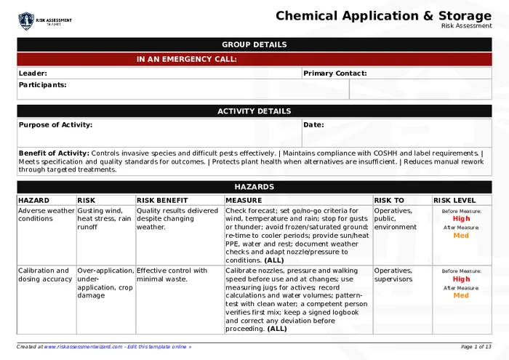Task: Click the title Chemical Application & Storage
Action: coord(383,16)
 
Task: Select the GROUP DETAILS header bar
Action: coord(254,44)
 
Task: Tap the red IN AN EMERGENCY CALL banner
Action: coord(187,60)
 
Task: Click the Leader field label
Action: coord(33,73)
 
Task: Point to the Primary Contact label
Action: coord(334,73)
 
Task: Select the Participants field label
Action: coord(42,85)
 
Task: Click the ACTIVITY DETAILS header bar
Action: coord(254,111)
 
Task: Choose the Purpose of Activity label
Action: coord(55,125)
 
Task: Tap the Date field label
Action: coord(313,125)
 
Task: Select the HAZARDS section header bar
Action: coord(254,187)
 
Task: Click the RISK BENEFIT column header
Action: coord(162,201)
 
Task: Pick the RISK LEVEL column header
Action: coord(454,201)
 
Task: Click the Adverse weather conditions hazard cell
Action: coord(46,215)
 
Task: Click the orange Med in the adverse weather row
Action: coord(461,236)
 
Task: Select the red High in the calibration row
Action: coord(461,279)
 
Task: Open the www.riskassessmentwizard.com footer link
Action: coord(83,347)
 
